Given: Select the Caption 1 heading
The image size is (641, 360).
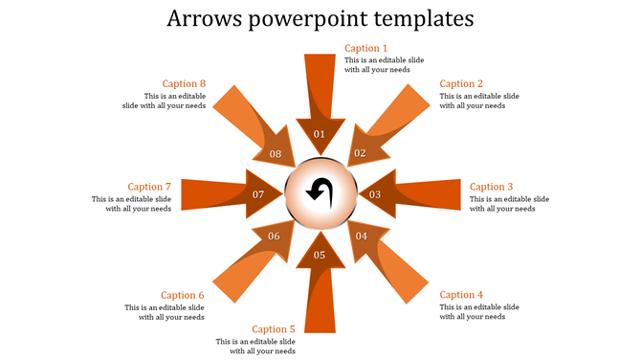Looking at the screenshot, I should pyautogui.click(x=366, y=48).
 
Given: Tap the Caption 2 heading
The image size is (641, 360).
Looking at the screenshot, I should pyautogui.click(x=461, y=83).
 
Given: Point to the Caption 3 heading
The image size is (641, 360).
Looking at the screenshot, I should pyautogui.click(x=492, y=187).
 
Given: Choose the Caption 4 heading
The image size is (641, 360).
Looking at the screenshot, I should pyautogui.click(x=461, y=295).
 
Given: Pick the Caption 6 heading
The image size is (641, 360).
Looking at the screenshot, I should pyautogui.click(x=183, y=295).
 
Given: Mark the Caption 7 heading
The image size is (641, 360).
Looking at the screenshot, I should pyautogui.click(x=149, y=187).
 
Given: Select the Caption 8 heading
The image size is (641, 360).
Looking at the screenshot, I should pyautogui.click(x=184, y=83).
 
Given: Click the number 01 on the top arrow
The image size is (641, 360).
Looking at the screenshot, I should pyautogui.click(x=320, y=134).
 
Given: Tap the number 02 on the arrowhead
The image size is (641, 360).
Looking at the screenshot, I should pyautogui.click(x=361, y=153).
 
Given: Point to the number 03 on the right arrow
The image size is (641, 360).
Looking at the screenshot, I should pyautogui.click(x=376, y=194).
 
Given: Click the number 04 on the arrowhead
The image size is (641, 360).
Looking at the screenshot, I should pyautogui.click(x=362, y=236).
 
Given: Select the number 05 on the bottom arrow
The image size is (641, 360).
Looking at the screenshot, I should pyautogui.click(x=320, y=255).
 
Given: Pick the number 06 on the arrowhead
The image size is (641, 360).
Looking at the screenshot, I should pyautogui.click(x=274, y=236).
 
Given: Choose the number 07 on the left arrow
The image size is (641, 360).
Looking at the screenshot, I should pyautogui.click(x=258, y=194).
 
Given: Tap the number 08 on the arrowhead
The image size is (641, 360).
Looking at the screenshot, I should pyautogui.click(x=276, y=153).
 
